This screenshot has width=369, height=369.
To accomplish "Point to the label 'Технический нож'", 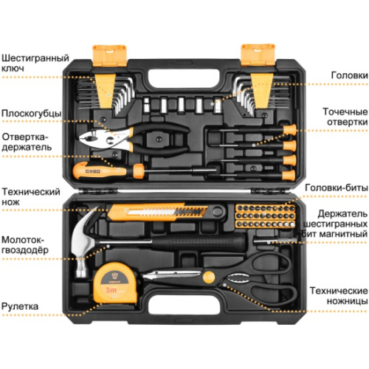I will [30, 196].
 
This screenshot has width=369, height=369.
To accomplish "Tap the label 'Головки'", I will [344, 75].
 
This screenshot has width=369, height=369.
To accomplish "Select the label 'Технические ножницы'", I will [339, 296].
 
